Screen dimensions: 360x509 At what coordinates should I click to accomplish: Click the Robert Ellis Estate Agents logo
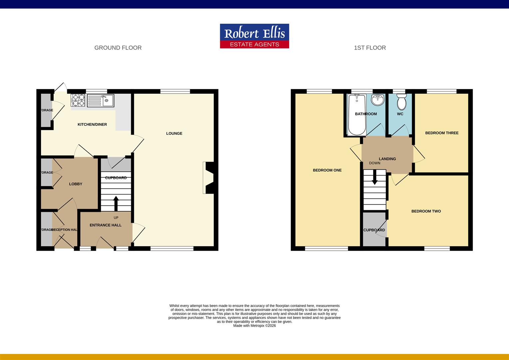(x=254, y=36)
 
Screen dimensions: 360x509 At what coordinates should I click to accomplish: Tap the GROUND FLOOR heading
(x=118, y=48)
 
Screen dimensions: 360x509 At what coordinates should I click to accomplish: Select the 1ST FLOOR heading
(x=370, y=48)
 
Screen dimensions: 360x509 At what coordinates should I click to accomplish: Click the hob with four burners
(x=78, y=100)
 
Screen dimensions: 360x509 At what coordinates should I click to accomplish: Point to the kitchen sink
(x=101, y=100)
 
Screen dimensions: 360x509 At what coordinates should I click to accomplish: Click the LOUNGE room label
(x=174, y=133)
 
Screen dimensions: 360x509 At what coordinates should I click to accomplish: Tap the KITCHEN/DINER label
(x=92, y=124)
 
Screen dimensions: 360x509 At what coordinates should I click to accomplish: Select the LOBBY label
(x=76, y=184)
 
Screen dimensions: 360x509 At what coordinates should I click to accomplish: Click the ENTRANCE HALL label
(x=106, y=225)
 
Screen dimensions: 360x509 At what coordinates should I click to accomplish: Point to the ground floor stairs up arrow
(x=116, y=203)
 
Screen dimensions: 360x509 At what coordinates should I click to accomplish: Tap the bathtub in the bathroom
(x=356, y=115)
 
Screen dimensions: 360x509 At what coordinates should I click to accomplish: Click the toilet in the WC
(x=401, y=102)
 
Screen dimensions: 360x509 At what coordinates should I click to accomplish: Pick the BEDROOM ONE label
(x=327, y=170)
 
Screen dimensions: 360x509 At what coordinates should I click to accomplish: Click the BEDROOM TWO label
(x=426, y=211)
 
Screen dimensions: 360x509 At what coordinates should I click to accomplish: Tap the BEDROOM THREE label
(x=442, y=133)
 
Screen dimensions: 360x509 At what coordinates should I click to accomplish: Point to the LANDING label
(x=387, y=159)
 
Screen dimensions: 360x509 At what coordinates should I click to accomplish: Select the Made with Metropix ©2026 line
(x=254, y=326)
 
